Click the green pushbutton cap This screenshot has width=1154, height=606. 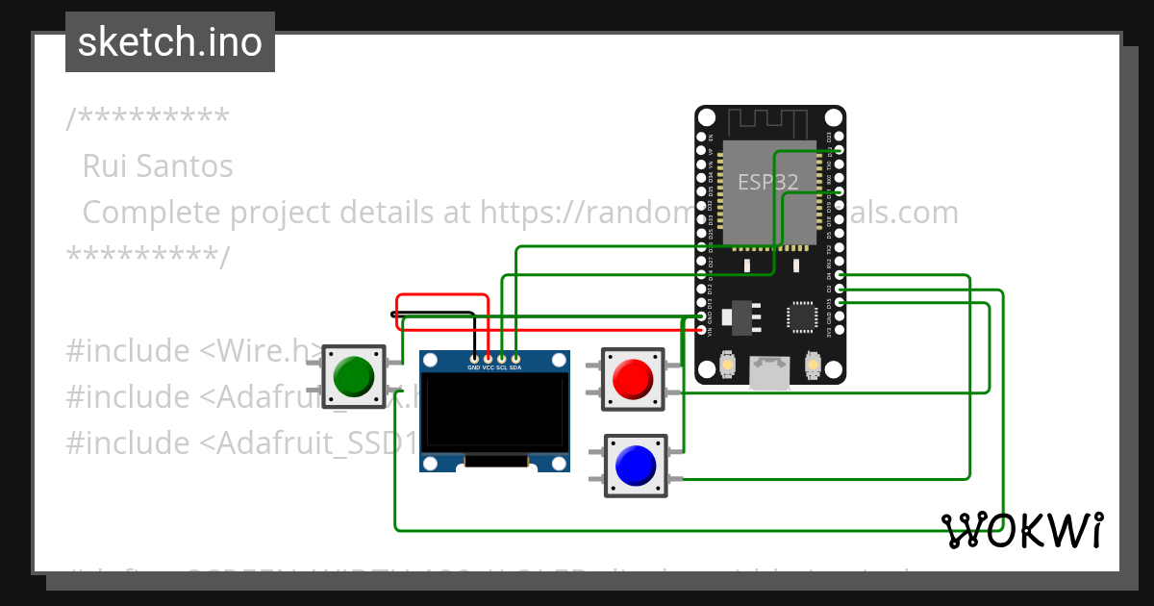[x=354, y=376]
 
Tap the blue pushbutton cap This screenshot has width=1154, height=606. [x=635, y=466]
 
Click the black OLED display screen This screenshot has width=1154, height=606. [x=495, y=412]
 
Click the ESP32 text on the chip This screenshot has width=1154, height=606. [x=767, y=183]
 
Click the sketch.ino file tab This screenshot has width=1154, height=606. [x=170, y=42]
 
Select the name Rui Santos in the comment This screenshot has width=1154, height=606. [x=158, y=166]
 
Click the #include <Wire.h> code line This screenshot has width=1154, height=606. [x=192, y=351]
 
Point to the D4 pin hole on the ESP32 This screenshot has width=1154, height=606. [x=840, y=275]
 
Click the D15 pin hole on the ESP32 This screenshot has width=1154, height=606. [x=840, y=303]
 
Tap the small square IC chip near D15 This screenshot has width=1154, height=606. [x=801, y=316]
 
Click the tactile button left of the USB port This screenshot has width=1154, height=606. [x=728, y=366]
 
